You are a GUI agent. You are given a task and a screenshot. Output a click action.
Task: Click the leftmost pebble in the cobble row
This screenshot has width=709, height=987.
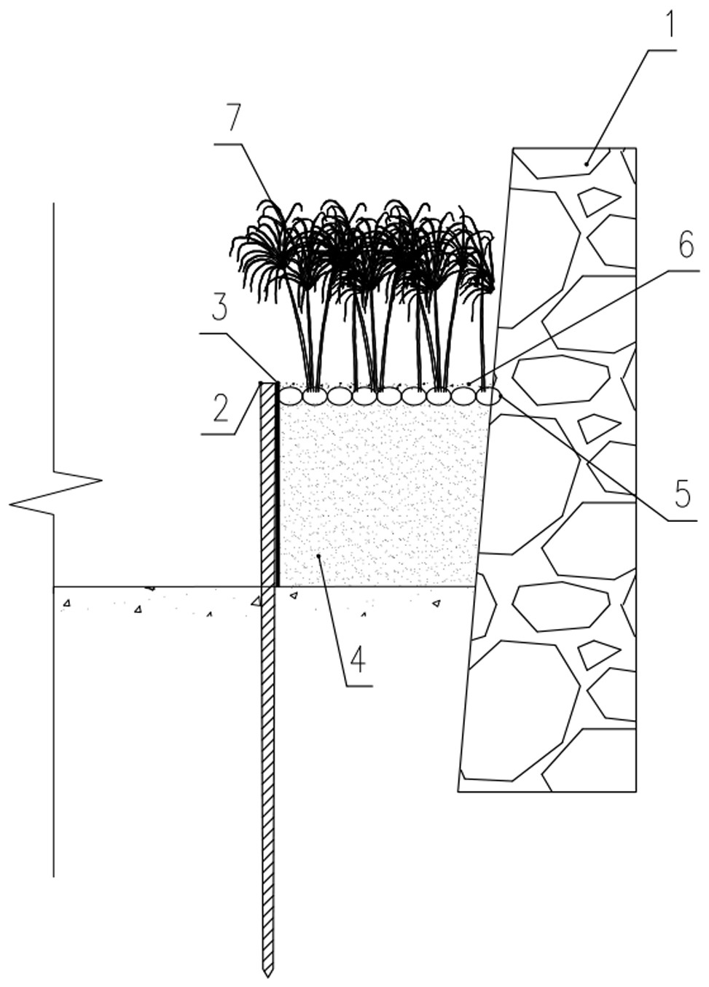point(291,395)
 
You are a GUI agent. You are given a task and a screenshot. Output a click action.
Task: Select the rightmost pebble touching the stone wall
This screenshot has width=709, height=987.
point(488,395)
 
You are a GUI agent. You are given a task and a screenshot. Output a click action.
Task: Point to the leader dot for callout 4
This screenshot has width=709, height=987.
point(318,556)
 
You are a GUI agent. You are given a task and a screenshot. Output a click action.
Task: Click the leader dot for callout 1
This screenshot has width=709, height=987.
point(586,164)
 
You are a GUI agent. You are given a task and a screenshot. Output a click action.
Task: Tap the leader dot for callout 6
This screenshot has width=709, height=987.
point(469,383)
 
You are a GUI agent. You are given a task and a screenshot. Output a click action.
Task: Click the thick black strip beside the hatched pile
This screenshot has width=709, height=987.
point(277,484)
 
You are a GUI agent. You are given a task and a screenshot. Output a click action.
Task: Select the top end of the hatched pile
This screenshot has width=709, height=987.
point(267,383)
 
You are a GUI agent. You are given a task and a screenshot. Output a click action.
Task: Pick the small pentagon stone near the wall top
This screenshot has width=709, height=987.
point(598,201)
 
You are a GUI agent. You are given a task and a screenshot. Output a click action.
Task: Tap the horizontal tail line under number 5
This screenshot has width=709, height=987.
point(683,521)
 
